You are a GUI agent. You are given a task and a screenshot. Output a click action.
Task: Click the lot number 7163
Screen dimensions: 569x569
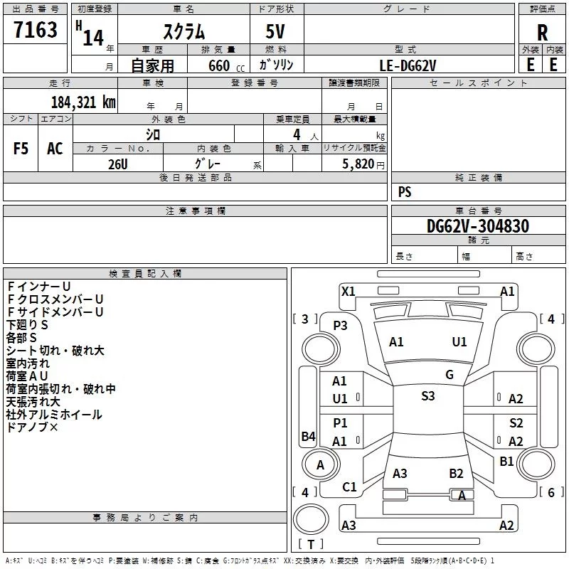click(x=36, y=29)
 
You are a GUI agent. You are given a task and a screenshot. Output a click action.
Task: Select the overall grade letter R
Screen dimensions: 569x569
click(x=542, y=33)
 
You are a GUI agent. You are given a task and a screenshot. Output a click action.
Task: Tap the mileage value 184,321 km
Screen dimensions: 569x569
click(x=83, y=102)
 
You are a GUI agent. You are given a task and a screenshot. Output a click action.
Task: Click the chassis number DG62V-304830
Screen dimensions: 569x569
click(x=477, y=226)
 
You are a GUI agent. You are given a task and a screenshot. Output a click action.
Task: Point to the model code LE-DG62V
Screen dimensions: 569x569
click(x=408, y=65)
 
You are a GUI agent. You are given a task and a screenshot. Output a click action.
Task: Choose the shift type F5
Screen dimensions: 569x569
click(x=21, y=149)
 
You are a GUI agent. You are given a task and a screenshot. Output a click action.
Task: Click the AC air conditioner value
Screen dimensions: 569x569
click(x=55, y=149)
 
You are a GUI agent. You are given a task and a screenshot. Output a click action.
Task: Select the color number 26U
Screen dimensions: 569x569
click(x=118, y=164)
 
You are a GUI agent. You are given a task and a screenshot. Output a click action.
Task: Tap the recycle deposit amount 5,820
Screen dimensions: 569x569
click(x=358, y=164)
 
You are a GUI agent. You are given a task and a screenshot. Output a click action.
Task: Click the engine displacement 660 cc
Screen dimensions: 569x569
click(x=226, y=66)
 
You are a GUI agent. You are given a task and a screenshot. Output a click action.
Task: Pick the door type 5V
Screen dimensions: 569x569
click(x=275, y=31)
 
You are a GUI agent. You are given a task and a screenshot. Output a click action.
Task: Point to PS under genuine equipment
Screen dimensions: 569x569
click(x=405, y=191)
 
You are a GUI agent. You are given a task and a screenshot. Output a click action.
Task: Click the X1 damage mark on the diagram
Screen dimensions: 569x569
click(x=349, y=292)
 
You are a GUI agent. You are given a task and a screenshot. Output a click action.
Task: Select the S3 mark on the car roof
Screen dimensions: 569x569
click(x=428, y=396)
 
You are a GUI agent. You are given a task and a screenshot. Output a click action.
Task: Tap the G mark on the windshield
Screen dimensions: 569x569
click(x=450, y=374)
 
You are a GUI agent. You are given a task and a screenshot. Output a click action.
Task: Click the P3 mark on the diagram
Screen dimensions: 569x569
click(x=340, y=326)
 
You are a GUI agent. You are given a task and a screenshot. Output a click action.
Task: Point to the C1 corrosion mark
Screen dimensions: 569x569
click(x=349, y=487)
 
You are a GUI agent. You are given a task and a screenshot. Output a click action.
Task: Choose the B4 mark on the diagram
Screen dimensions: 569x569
click(x=309, y=436)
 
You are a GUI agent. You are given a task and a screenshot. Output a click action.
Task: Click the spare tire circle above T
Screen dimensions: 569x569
click(x=311, y=519)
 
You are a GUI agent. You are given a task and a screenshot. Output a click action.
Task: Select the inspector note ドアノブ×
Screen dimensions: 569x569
click(x=32, y=427)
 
